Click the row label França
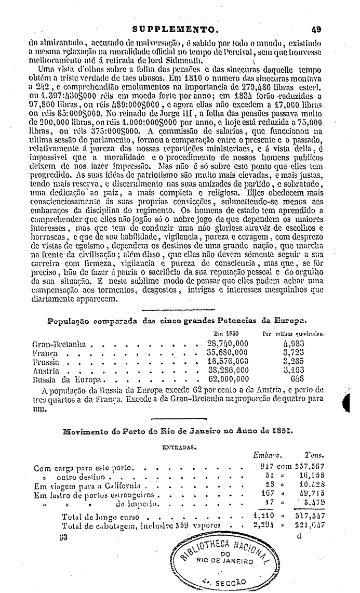45,353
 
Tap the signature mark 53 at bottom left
64,536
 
